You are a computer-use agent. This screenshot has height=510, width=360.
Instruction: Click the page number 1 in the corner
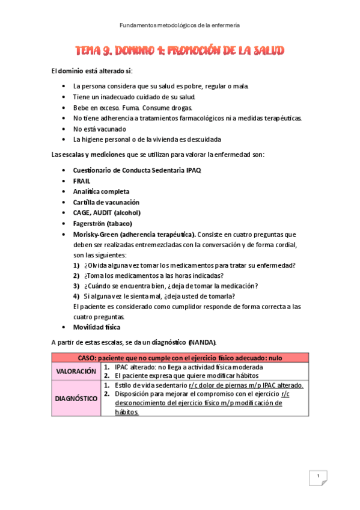[x=317, y=477]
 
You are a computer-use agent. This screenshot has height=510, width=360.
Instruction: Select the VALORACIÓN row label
[x=76, y=372]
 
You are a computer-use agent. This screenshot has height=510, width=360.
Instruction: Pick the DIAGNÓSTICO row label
[x=76, y=398]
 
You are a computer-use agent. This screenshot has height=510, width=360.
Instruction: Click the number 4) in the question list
[x=76, y=296]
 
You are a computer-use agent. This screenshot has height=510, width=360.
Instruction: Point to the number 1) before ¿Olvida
[x=76, y=265]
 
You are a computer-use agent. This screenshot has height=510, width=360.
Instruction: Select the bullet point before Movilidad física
[x=64, y=327]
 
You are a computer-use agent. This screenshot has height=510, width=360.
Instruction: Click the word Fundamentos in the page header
[x=136, y=25]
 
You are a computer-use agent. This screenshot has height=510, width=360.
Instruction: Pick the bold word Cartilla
[x=85, y=202]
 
